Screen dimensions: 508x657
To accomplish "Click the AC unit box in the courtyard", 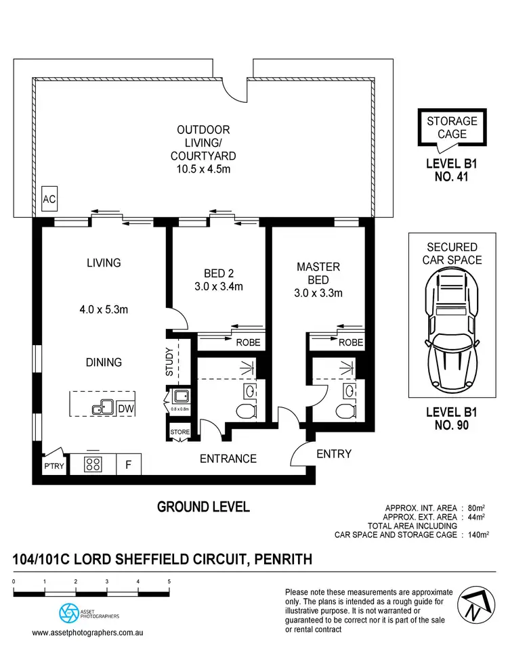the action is (49, 199).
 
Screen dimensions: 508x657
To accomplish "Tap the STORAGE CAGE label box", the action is (452, 127).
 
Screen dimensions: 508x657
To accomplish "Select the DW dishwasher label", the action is (125, 409).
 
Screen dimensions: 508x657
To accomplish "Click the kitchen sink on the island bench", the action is (103, 407).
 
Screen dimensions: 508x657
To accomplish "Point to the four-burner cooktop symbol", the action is (93, 464).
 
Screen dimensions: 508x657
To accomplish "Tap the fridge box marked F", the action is (129, 464).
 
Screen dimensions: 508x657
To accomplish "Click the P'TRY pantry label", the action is (54, 466).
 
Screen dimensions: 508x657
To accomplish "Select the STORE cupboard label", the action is (180, 432).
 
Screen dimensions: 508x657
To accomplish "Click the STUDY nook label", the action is (169, 361).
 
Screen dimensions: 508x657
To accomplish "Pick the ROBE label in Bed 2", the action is (248, 342).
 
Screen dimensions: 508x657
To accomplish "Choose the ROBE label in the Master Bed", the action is (351, 342).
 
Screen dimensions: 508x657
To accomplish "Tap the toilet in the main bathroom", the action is (247, 411).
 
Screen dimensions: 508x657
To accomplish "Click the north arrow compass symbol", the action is (476, 605).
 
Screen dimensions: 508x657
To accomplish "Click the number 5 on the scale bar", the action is (169, 582).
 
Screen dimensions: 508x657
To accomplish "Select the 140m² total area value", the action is (478, 535).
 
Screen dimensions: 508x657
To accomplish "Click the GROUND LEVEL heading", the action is (203, 507).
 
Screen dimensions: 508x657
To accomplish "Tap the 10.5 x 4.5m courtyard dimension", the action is (203, 169).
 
